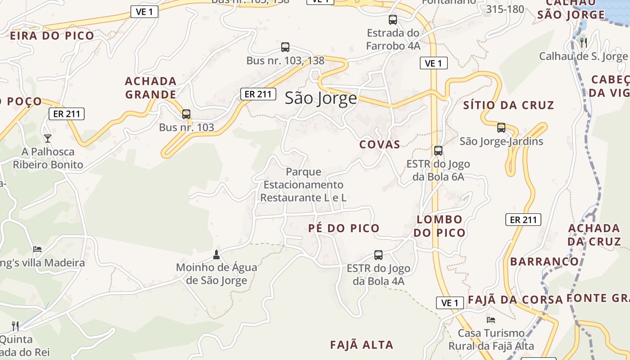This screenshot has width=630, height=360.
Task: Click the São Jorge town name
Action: point(321,98)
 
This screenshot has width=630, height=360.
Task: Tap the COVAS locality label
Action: point(379,144)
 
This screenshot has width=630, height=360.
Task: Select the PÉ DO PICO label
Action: point(344,228)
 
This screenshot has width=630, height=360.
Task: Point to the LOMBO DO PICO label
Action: point(439,226)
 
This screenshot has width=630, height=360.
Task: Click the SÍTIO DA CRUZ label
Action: point(508,105)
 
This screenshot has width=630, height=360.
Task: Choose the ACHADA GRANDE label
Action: point(150,88)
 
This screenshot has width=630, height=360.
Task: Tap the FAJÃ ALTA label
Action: point(361,345)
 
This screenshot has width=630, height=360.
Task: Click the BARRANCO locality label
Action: point(544,261)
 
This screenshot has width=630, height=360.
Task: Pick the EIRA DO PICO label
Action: point(52,36)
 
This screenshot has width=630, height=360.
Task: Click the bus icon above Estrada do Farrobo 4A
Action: point(393,20)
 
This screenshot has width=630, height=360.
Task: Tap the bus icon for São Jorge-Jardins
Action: point(501,128)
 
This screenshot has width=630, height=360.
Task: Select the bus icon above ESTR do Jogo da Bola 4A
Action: point(378,255)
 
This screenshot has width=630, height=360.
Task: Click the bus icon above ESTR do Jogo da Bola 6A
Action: point(438,151)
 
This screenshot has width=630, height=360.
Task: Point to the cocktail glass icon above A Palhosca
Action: point(48,138)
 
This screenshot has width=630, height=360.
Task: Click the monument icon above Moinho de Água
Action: point(216,255)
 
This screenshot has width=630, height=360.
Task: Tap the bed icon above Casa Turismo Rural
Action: point(491,320)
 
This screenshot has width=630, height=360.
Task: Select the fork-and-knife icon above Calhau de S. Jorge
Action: point(584,43)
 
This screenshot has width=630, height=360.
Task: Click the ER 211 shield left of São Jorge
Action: point(258,94)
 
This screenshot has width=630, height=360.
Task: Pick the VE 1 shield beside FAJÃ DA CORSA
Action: point(450,303)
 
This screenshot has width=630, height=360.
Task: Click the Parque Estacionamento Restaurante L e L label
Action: point(303,184)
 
